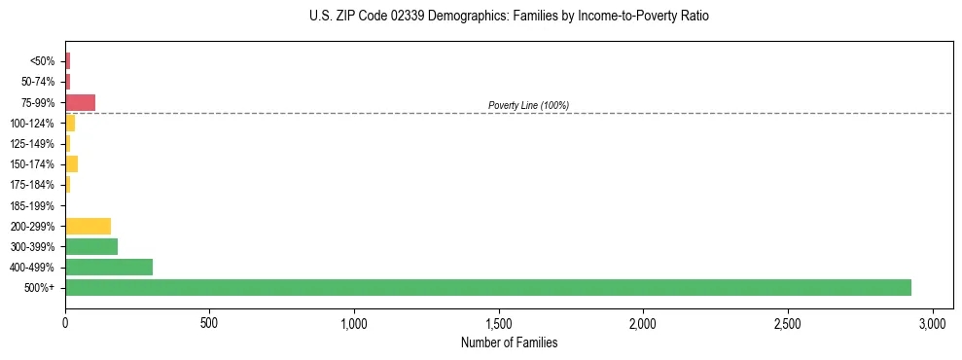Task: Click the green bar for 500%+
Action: [487, 287]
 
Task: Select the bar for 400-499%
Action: [109, 267]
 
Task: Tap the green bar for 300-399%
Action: [91, 246]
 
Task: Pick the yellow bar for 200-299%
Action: [88, 226]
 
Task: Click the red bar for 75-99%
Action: [80, 102]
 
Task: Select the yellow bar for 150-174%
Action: [71, 163]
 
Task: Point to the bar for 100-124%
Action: [70, 123]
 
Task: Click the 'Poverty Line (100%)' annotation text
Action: [528, 105]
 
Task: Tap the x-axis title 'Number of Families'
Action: [509, 342]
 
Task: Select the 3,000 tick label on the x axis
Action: [932, 322]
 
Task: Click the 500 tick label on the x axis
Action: [209, 322]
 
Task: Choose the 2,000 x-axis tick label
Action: [643, 322]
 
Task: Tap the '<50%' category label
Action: [43, 61]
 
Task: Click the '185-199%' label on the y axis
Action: [32, 205]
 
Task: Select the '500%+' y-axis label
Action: [40, 288]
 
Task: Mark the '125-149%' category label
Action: [32, 144]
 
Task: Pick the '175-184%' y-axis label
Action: [32, 185]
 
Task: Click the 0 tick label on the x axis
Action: [65, 322]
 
